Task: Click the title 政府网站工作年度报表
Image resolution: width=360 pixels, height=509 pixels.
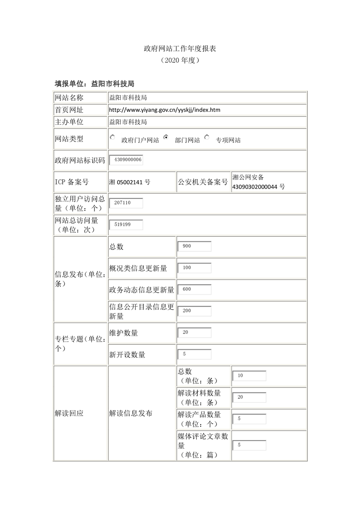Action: click(x=180, y=48)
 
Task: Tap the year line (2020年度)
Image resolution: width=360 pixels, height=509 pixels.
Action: click(x=180, y=60)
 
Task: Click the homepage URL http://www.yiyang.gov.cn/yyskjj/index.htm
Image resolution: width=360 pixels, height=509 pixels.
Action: click(x=165, y=110)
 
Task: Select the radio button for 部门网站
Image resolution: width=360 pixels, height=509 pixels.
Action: click(x=167, y=137)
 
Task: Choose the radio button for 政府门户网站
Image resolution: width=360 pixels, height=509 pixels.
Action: click(x=113, y=137)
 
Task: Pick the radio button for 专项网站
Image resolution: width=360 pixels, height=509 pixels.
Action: click(x=207, y=137)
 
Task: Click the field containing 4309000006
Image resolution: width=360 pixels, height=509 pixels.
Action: click(x=126, y=160)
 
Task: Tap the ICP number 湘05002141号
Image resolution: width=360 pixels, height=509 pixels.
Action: click(x=130, y=182)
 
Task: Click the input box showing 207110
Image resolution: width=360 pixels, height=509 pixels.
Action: click(x=126, y=203)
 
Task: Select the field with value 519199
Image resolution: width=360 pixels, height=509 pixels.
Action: click(x=126, y=225)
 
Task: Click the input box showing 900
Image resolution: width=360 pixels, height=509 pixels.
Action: click(x=194, y=246)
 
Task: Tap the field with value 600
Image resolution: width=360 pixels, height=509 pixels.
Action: click(x=194, y=289)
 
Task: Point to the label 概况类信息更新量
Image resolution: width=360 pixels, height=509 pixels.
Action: click(x=138, y=268)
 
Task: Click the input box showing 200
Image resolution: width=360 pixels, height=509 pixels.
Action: click(x=194, y=311)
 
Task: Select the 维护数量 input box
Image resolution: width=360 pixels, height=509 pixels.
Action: click(x=194, y=333)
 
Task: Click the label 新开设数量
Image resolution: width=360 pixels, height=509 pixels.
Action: click(x=127, y=355)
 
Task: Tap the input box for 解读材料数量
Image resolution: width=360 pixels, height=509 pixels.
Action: click(x=249, y=397)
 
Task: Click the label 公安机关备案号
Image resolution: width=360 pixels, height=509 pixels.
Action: click(x=203, y=182)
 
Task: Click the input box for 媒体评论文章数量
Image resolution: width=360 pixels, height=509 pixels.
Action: click(x=249, y=445)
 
